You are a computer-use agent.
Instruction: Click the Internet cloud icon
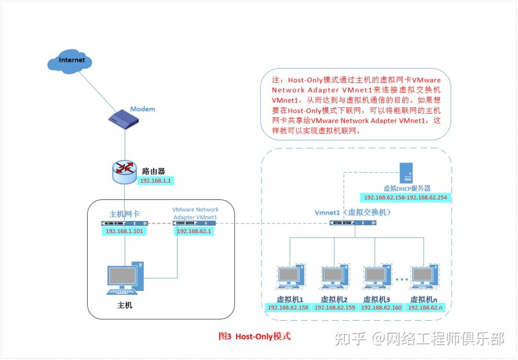(x=70, y=61)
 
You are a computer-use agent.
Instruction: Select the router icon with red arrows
(x=125, y=170)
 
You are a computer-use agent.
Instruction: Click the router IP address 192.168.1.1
(x=155, y=181)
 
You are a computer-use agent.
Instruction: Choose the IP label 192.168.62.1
(x=195, y=232)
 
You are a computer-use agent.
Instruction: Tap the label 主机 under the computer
(x=125, y=305)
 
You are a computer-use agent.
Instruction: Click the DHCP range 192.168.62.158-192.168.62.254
(x=405, y=197)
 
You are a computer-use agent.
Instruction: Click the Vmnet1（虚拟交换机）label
(x=353, y=212)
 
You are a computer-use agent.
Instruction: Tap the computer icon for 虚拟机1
(x=289, y=277)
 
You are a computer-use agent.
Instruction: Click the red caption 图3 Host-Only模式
(x=254, y=337)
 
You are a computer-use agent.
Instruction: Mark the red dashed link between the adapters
(x=161, y=223)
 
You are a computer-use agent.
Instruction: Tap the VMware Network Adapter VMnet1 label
(x=195, y=213)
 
